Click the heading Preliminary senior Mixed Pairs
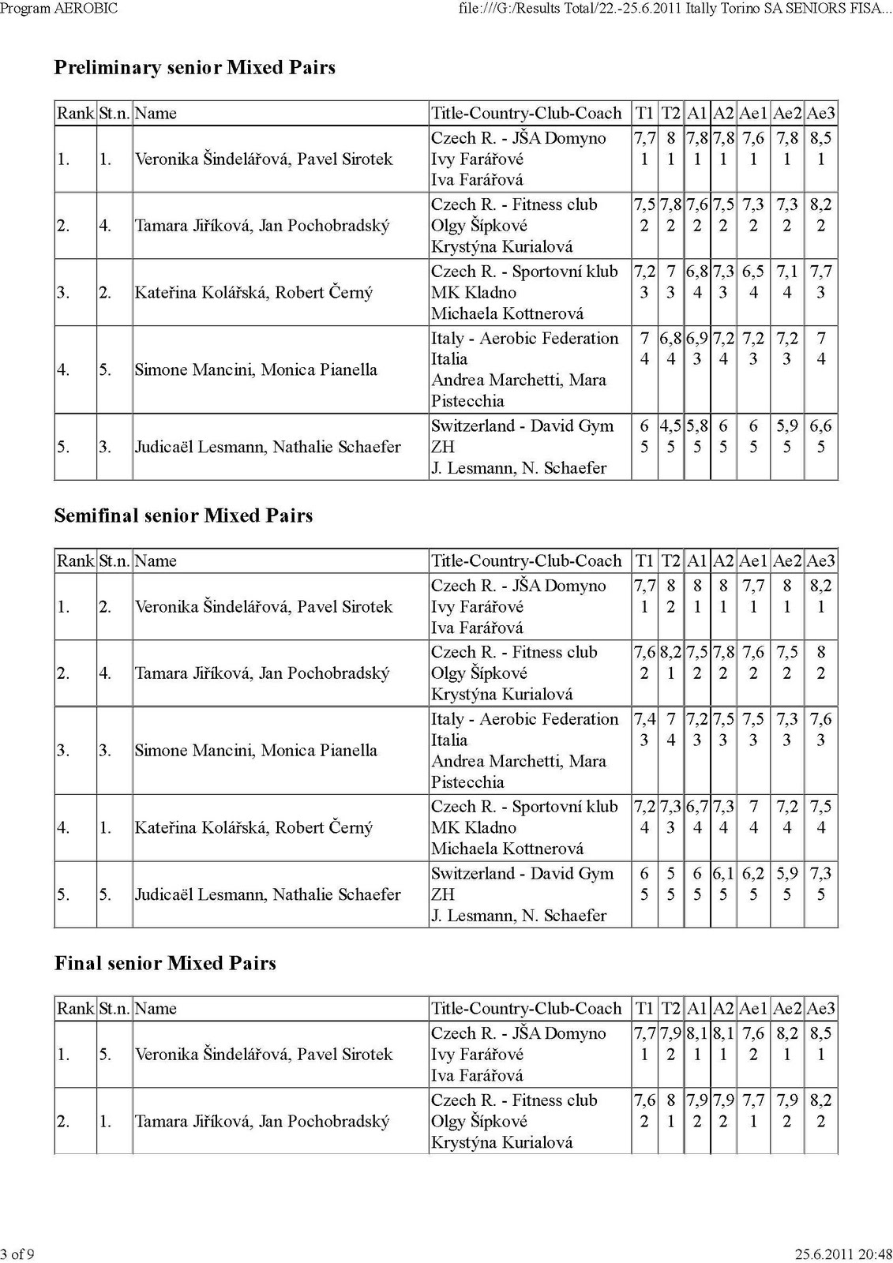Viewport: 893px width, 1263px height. click(194, 68)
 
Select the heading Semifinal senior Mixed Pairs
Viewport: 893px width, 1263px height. click(183, 515)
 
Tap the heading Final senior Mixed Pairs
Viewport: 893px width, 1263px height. click(165, 963)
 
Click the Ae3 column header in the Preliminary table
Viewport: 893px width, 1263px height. click(820, 113)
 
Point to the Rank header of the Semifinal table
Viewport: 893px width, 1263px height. click(75, 560)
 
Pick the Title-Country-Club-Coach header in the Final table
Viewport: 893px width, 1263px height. click(526, 1008)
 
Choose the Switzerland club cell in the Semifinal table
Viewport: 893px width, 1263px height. click(522, 894)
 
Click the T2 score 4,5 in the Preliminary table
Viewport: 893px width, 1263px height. click(670, 426)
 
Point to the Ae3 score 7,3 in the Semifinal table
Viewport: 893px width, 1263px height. click(820, 874)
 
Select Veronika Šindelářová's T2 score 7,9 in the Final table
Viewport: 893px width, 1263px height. click(670, 1033)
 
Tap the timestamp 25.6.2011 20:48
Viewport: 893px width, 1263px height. click(843, 1254)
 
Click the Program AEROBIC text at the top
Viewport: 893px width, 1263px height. click(59, 8)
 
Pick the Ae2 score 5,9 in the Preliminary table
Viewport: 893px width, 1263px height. click(786, 426)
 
